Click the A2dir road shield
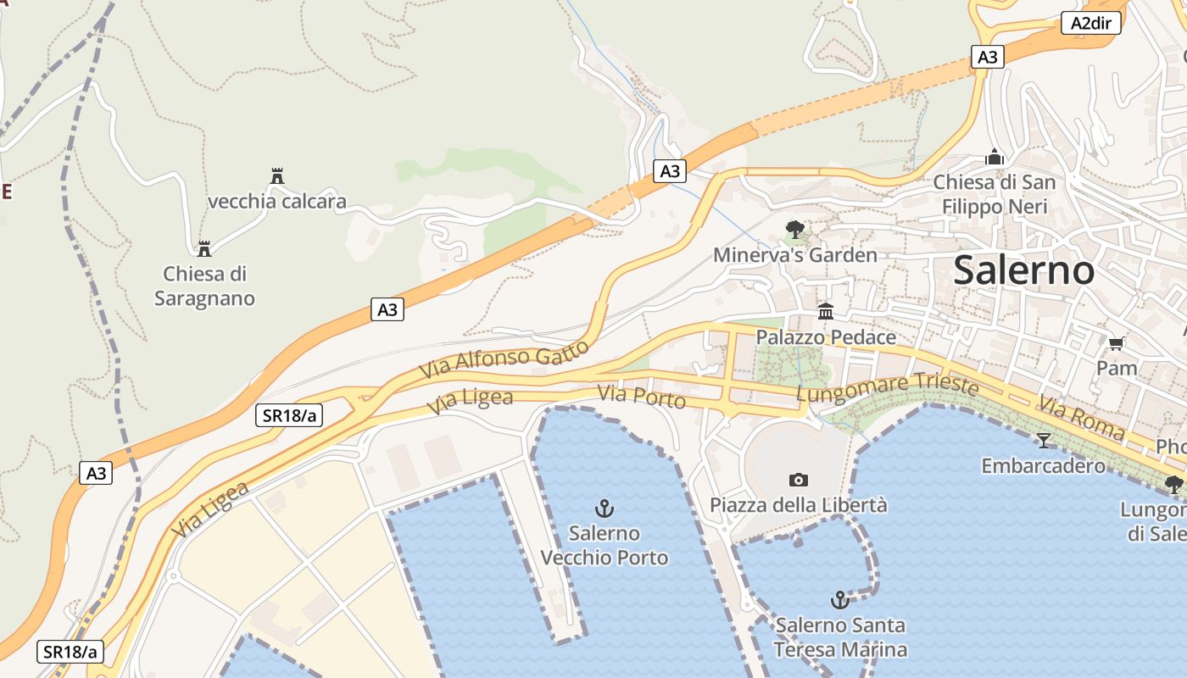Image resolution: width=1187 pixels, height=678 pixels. click(x=1090, y=23)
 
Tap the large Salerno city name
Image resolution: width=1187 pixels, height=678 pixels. click(x=1023, y=270)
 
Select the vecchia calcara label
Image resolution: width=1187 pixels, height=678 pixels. click(x=277, y=202)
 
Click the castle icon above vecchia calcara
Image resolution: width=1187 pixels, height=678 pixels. click(x=276, y=175)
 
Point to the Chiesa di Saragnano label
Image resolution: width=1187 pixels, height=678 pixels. click(x=204, y=286)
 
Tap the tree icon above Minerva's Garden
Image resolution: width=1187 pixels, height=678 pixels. click(x=794, y=228)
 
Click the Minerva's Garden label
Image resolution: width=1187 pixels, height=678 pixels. click(x=794, y=255)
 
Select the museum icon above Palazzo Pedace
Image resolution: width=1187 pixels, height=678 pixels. click(x=826, y=311)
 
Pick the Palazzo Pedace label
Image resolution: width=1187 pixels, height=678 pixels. click(x=826, y=337)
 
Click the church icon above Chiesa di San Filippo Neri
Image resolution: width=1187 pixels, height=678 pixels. click(x=995, y=157)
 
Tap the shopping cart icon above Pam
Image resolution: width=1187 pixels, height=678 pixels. click(x=1117, y=343)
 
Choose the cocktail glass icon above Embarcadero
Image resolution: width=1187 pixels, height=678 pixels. click(x=1043, y=440)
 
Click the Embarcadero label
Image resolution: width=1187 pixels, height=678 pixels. click(x=1043, y=465)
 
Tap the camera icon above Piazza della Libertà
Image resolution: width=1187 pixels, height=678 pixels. click(x=798, y=480)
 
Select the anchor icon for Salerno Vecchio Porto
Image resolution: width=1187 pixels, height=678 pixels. click(x=604, y=508)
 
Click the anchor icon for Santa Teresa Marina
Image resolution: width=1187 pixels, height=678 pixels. click(x=839, y=600)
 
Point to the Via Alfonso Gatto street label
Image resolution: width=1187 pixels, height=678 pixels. click(x=504, y=360)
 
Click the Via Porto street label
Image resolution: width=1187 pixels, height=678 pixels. click(x=641, y=396)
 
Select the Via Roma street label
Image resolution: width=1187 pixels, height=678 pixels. click(x=1081, y=418)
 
